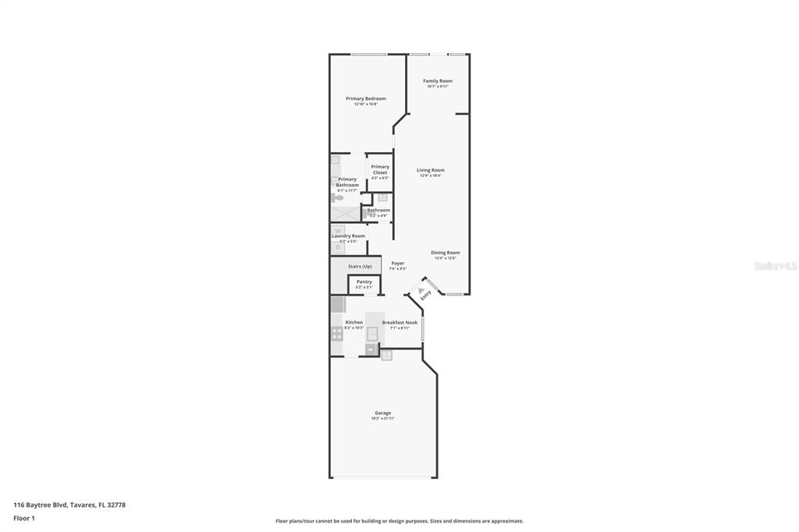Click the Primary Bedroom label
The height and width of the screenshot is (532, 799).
tap(366, 99)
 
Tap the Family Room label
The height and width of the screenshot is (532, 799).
tap(438, 81)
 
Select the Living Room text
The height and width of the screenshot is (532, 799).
tap(430, 170)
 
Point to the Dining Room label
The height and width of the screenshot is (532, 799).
tap(446, 253)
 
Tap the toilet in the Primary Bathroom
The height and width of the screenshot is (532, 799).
tap(337, 198)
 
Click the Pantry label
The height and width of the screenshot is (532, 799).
tap(364, 282)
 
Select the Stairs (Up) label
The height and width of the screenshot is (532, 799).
tap(360, 266)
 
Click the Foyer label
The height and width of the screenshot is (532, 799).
tap(398, 264)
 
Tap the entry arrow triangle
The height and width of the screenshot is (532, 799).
tap(421, 290)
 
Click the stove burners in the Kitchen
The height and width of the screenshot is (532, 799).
tap(337, 333)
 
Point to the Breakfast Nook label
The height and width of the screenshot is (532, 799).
tap(399, 322)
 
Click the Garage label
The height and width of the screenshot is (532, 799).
tap(383, 413)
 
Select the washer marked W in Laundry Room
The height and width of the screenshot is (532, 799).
tap(338, 230)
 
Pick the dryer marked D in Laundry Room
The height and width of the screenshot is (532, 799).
tap(338, 247)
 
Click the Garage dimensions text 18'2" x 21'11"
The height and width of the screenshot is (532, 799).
tap(383, 419)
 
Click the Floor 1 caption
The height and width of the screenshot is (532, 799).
tap(24, 518)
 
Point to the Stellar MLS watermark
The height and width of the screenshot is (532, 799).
tap(776, 266)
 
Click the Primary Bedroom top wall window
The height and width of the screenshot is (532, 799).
tap(368, 54)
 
